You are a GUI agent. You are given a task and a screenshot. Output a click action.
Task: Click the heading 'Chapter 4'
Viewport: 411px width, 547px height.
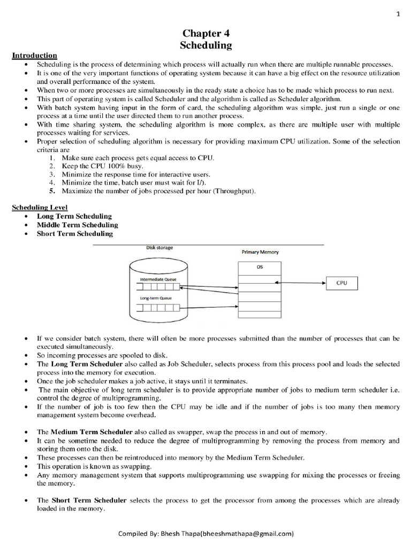pos(205,34)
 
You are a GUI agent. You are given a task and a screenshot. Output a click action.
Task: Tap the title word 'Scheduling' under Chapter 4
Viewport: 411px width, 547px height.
pos(205,45)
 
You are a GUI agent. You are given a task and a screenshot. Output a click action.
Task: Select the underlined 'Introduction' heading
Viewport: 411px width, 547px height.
pos(35,55)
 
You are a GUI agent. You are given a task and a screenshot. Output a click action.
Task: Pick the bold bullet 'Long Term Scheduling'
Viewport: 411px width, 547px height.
pos(74,216)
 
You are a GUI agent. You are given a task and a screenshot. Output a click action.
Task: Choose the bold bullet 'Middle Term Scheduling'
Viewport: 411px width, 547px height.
pos(77,225)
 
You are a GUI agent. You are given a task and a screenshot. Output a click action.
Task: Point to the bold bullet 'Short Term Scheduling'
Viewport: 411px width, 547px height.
pos(74,233)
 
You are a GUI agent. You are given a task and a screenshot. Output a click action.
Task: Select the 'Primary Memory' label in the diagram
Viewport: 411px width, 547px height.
pos(260,252)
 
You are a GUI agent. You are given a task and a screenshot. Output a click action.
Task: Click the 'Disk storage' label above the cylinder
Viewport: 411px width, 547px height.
pos(159,247)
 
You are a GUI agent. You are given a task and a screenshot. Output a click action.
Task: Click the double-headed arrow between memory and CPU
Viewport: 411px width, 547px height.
pos(300,283)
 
